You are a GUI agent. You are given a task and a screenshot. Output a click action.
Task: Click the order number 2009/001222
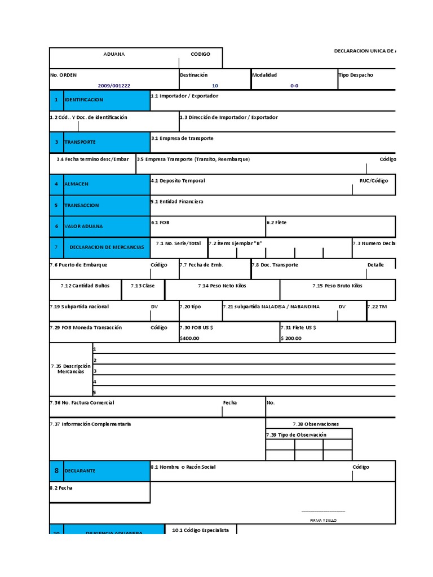(114, 86)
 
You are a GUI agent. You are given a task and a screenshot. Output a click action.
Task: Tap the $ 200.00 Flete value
(292, 338)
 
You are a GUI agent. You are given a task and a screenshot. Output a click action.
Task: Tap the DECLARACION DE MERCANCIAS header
(107, 247)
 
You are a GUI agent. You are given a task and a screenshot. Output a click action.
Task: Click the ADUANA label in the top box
(114, 54)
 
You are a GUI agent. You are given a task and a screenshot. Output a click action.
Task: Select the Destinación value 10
(215, 86)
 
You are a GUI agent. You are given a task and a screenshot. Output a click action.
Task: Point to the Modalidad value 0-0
(294, 86)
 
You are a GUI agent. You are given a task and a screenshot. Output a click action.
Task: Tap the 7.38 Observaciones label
(316, 424)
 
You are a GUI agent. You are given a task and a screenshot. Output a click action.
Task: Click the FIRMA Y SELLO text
(323, 520)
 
